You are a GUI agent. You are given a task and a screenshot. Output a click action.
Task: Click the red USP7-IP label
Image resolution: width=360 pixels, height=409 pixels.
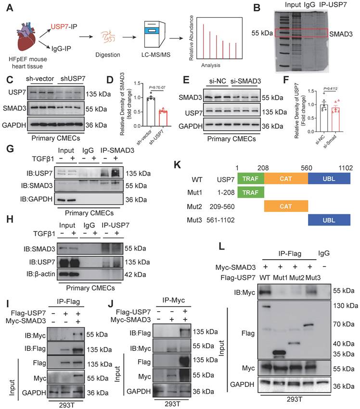pyautogui.click(x=64, y=26)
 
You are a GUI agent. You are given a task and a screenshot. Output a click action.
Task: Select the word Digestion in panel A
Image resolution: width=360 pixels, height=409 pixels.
pyautogui.click(x=108, y=55)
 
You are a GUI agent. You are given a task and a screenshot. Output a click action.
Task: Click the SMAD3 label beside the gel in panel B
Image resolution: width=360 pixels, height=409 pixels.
pyautogui.click(x=341, y=34)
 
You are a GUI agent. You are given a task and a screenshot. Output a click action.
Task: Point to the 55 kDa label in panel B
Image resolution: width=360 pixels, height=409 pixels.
pyautogui.click(x=262, y=33)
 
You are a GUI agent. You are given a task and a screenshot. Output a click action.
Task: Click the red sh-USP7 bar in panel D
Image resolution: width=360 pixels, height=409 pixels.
pyautogui.click(x=164, y=119)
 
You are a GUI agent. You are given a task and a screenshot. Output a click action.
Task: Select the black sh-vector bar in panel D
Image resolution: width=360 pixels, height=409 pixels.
pyautogui.click(x=151, y=112)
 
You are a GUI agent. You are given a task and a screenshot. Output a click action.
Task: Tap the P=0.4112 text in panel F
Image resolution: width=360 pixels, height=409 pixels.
pyautogui.click(x=331, y=89)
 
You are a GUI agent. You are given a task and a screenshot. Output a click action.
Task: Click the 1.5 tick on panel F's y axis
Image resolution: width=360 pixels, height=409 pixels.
pyautogui.click(x=310, y=91)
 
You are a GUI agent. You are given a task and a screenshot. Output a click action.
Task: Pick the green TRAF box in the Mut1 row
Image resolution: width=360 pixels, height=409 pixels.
pyautogui.click(x=251, y=193)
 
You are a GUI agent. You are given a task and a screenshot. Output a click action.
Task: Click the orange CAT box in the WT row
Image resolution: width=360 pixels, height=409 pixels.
pyautogui.click(x=286, y=179)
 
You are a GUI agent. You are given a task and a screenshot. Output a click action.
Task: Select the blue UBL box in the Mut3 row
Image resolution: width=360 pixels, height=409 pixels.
pyautogui.click(x=329, y=220)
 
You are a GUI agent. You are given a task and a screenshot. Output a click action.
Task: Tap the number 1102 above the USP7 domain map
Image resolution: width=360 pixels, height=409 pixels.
pyautogui.click(x=346, y=168)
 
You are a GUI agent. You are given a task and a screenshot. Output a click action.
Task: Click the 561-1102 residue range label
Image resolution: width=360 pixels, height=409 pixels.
pyautogui.click(x=220, y=220)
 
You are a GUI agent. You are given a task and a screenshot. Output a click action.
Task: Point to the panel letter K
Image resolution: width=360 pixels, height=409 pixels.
pyautogui.click(x=177, y=165)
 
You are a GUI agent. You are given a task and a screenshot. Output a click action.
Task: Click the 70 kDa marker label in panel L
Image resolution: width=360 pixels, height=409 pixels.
pyautogui.click(x=344, y=324)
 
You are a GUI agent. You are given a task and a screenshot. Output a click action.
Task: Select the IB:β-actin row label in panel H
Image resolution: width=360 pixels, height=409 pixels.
pyautogui.click(x=40, y=274)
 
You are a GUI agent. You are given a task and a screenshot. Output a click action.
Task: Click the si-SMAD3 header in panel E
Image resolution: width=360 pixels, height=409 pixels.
pyautogui.click(x=245, y=81)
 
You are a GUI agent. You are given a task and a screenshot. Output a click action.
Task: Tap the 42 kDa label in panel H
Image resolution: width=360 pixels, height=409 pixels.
pyautogui.click(x=135, y=275)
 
